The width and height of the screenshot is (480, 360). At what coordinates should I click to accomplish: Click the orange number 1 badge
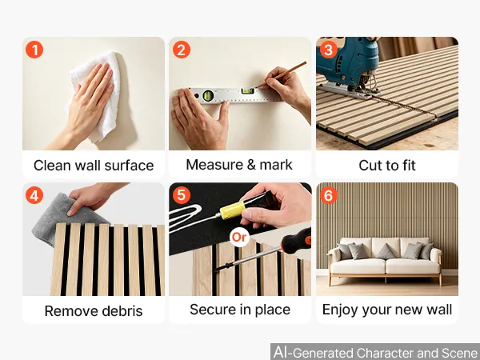coord(34,50)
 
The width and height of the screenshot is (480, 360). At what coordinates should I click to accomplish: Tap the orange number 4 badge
coord(34,195)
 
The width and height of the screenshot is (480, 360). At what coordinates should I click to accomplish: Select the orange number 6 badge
coord(329,195)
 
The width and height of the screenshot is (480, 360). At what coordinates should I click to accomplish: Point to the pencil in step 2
coord(281,74)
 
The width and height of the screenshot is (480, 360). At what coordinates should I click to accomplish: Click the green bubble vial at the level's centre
coord(247,91)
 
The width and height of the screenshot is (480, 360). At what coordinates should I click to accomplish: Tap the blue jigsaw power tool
coord(349,66)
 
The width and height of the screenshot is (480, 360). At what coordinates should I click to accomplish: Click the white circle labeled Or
coord(239,237)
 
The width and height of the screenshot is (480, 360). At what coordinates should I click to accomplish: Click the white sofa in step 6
coord(386,260)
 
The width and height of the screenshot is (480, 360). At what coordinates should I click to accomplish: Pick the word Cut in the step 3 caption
coord(369,166)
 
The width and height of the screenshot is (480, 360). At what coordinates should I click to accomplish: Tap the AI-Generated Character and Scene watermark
coord(376,352)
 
